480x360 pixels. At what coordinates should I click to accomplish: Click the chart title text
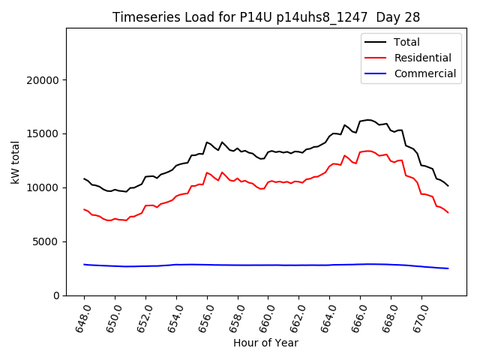point(266,17)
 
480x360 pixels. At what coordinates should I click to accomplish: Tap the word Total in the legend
point(407,42)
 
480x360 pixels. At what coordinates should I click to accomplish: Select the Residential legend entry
point(423,58)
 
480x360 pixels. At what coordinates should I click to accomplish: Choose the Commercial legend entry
point(425,73)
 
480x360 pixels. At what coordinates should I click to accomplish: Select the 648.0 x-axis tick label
point(82,318)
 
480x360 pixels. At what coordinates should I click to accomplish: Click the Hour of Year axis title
point(265,343)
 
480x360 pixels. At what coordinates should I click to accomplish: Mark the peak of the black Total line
point(367,119)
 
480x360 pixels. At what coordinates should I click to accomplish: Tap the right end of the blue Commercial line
point(448,268)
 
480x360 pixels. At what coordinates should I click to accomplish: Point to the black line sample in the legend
point(375,42)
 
